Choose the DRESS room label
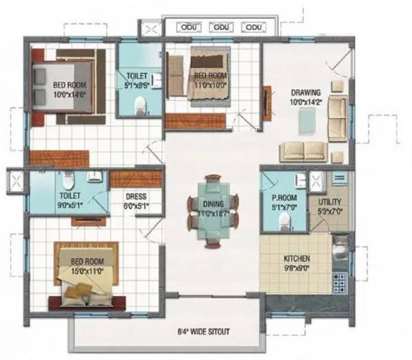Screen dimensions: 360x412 pos(135,196)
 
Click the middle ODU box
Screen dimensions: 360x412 pos(220,27)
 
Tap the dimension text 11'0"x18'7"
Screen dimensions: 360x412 pos(212,212)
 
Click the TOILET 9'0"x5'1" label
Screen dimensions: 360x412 pos(69,199)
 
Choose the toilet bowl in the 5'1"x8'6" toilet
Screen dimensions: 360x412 pos(140,104)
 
